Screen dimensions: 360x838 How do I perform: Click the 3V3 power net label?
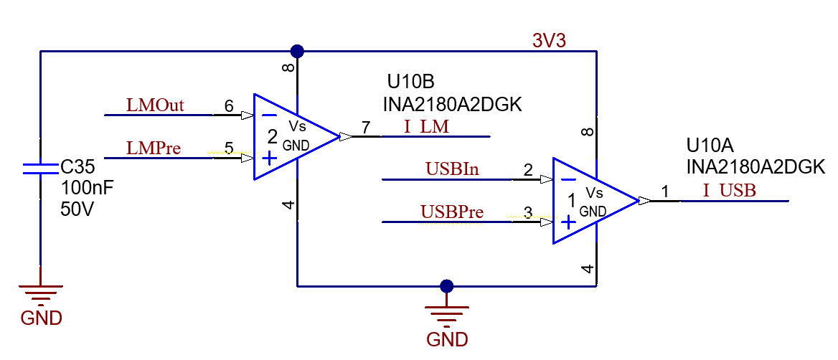click(549, 41)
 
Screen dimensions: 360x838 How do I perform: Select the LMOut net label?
click(155, 105)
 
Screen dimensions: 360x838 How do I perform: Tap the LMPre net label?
click(154, 148)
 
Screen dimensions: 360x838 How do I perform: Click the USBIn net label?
click(452, 170)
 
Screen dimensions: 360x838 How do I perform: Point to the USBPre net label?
click(451, 212)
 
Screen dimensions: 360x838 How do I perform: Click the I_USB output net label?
click(728, 191)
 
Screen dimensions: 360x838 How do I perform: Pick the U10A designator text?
click(710, 146)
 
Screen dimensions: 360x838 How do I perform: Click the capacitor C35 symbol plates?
click(40, 169)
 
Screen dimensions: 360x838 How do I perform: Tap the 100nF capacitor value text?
click(88, 189)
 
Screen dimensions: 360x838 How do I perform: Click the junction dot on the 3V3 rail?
click(297, 51)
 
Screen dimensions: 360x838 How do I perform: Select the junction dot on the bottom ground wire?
click(447, 286)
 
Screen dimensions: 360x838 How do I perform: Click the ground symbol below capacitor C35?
click(40, 294)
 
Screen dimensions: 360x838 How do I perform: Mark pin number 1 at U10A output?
click(664, 191)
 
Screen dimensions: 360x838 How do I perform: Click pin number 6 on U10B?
click(229, 106)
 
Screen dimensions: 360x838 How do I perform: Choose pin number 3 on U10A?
click(528, 212)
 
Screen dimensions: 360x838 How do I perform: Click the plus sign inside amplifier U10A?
click(568, 223)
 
